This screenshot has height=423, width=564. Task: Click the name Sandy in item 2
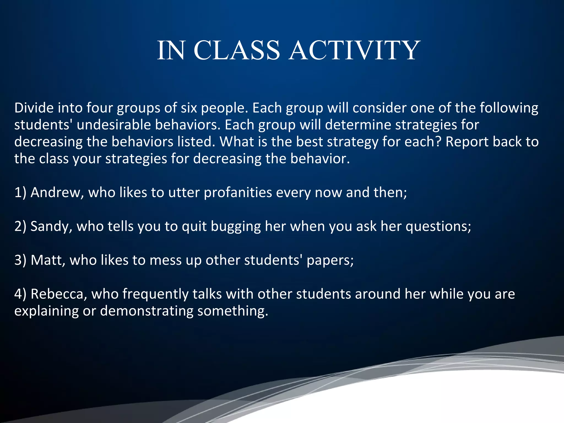click(51, 226)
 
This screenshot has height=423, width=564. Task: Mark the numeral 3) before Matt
click(20, 260)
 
